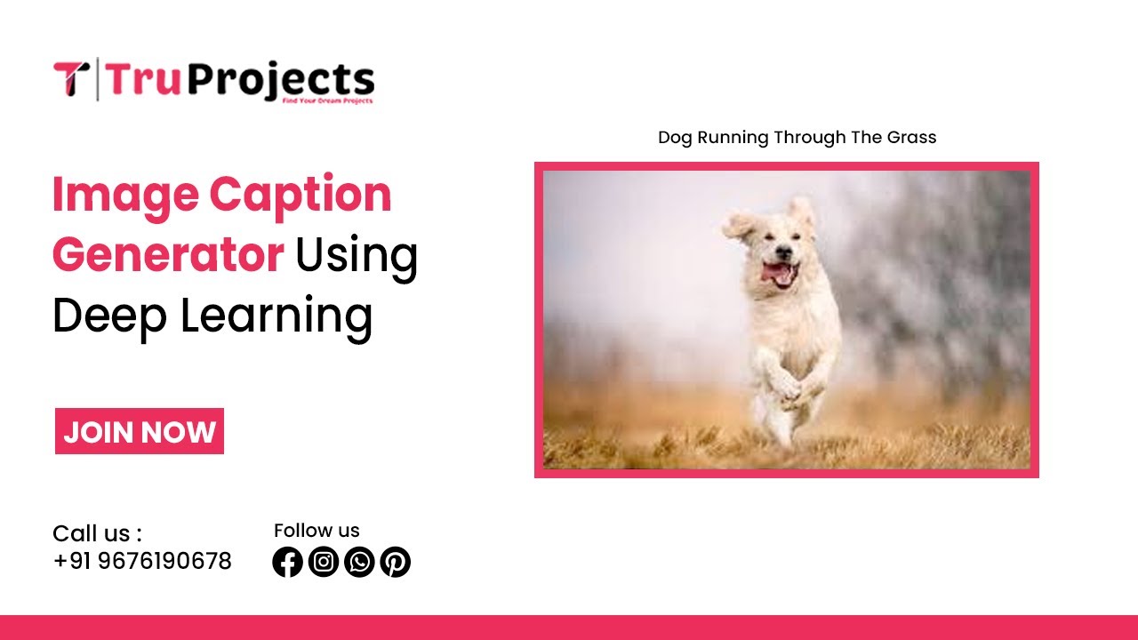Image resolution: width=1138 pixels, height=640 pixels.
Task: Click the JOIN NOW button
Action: click(x=140, y=432)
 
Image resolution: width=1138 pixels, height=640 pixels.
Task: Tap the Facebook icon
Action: click(x=287, y=562)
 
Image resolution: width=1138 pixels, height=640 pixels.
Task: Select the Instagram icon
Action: click(x=324, y=562)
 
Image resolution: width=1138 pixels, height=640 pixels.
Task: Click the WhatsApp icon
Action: click(x=359, y=562)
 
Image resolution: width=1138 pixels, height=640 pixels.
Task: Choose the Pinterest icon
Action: click(x=395, y=562)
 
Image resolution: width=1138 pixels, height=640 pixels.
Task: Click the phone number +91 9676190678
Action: click(x=142, y=562)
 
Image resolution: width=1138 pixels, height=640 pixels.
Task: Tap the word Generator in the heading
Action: click(x=167, y=255)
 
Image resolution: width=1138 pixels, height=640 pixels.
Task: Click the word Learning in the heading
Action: click(x=276, y=316)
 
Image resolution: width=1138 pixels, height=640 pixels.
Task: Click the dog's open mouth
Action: click(x=779, y=274)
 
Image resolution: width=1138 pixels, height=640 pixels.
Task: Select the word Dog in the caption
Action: click(x=675, y=138)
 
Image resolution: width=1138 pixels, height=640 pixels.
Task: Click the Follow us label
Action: click(x=317, y=531)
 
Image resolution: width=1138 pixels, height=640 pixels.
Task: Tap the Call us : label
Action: click(x=97, y=533)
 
